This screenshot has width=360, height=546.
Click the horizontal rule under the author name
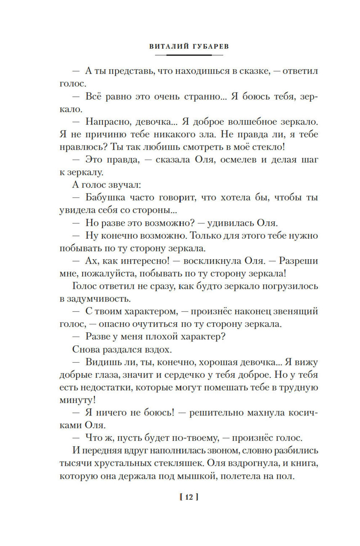coord(189,55)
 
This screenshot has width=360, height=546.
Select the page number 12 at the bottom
coord(189,497)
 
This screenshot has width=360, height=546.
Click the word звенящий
coord(295,311)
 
